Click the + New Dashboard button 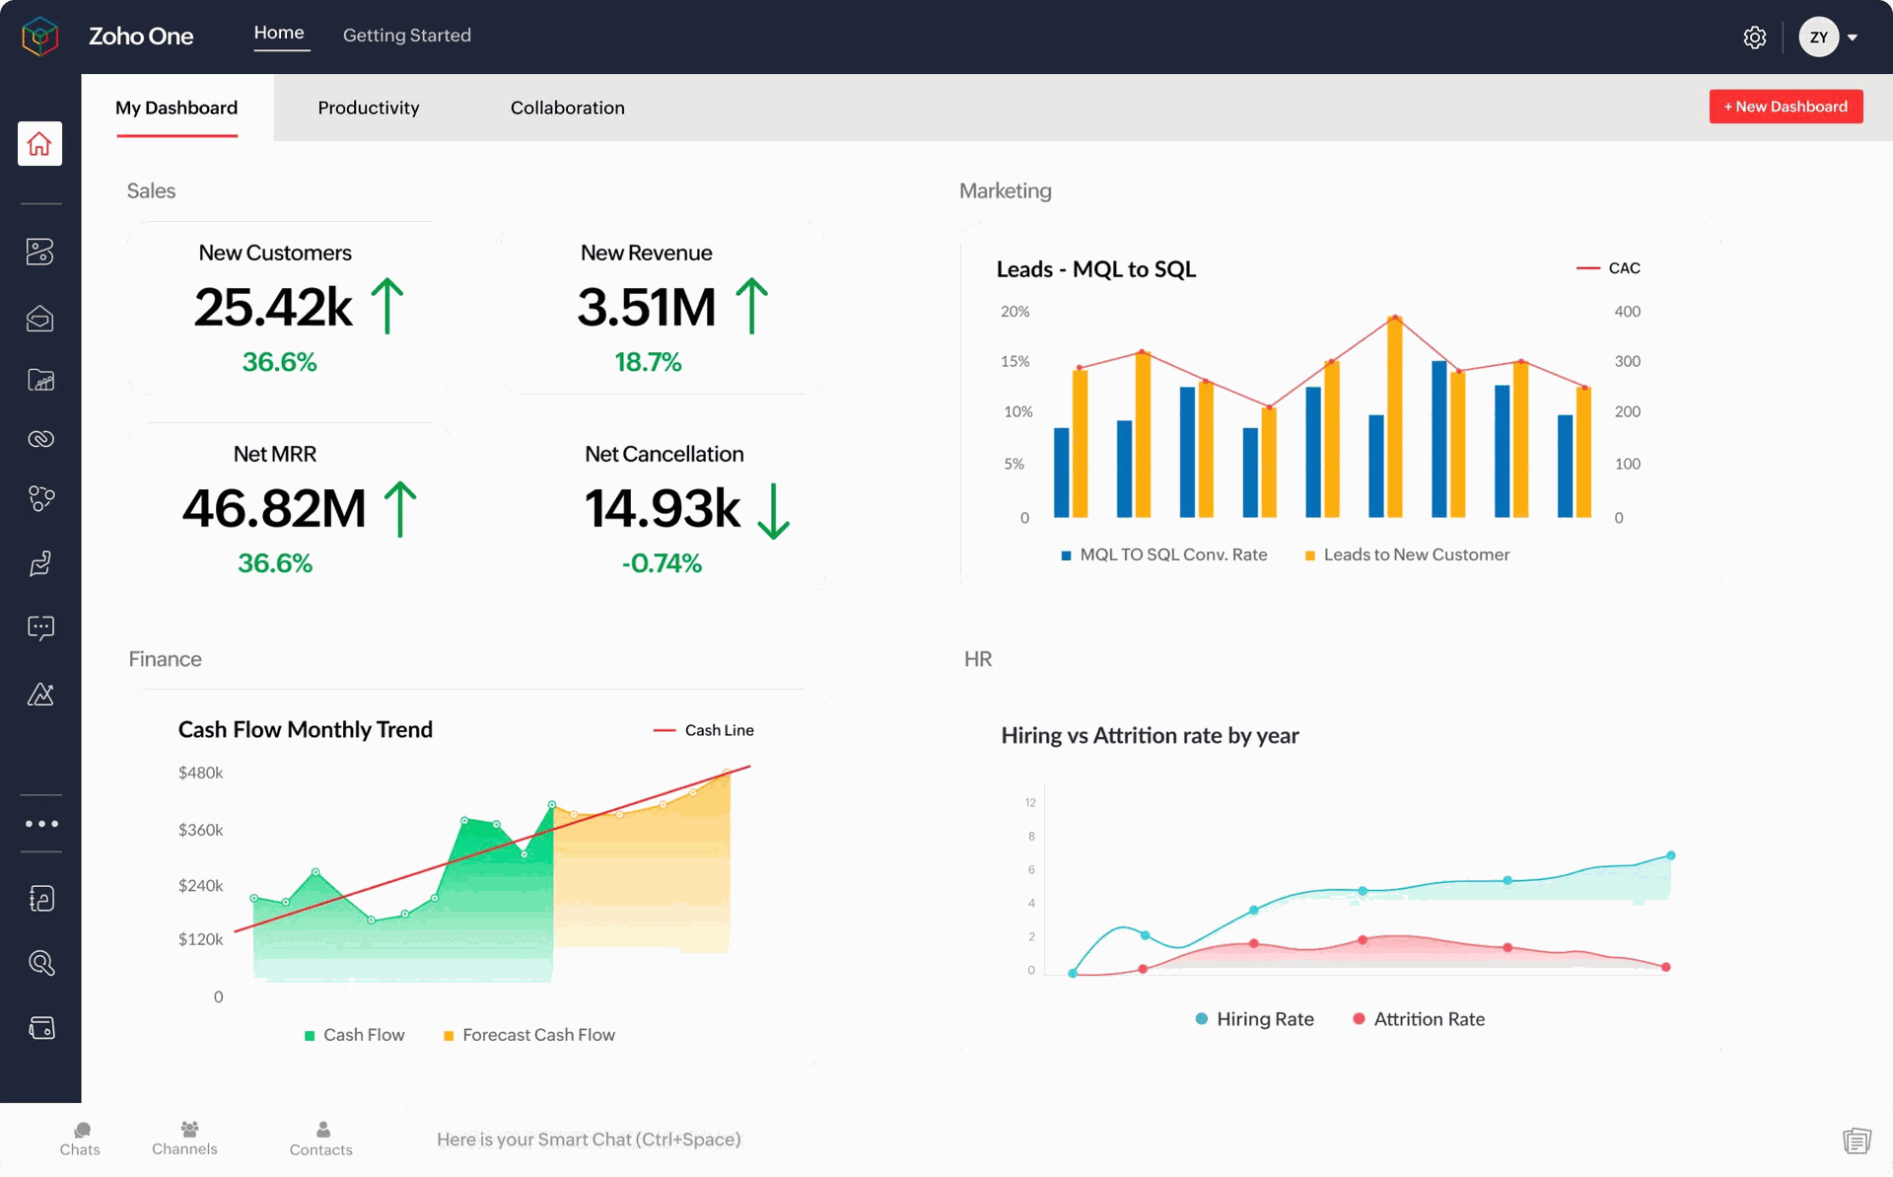(1785, 107)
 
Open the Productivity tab (368, 108)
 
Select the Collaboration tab (567, 108)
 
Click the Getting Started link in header (406, 36)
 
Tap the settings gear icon (1754, 37)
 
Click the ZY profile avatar (1817, 37)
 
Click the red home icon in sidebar (39, 144)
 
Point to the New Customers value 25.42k (273, 308)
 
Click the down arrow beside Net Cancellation (774, 510)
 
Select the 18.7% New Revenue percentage (648, 362)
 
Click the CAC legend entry (1609, 268)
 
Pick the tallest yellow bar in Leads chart (1394, 416)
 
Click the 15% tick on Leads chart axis (1015, 361)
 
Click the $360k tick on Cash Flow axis (200, 830)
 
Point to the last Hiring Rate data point (1670, 855)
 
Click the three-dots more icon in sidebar (41, 824)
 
